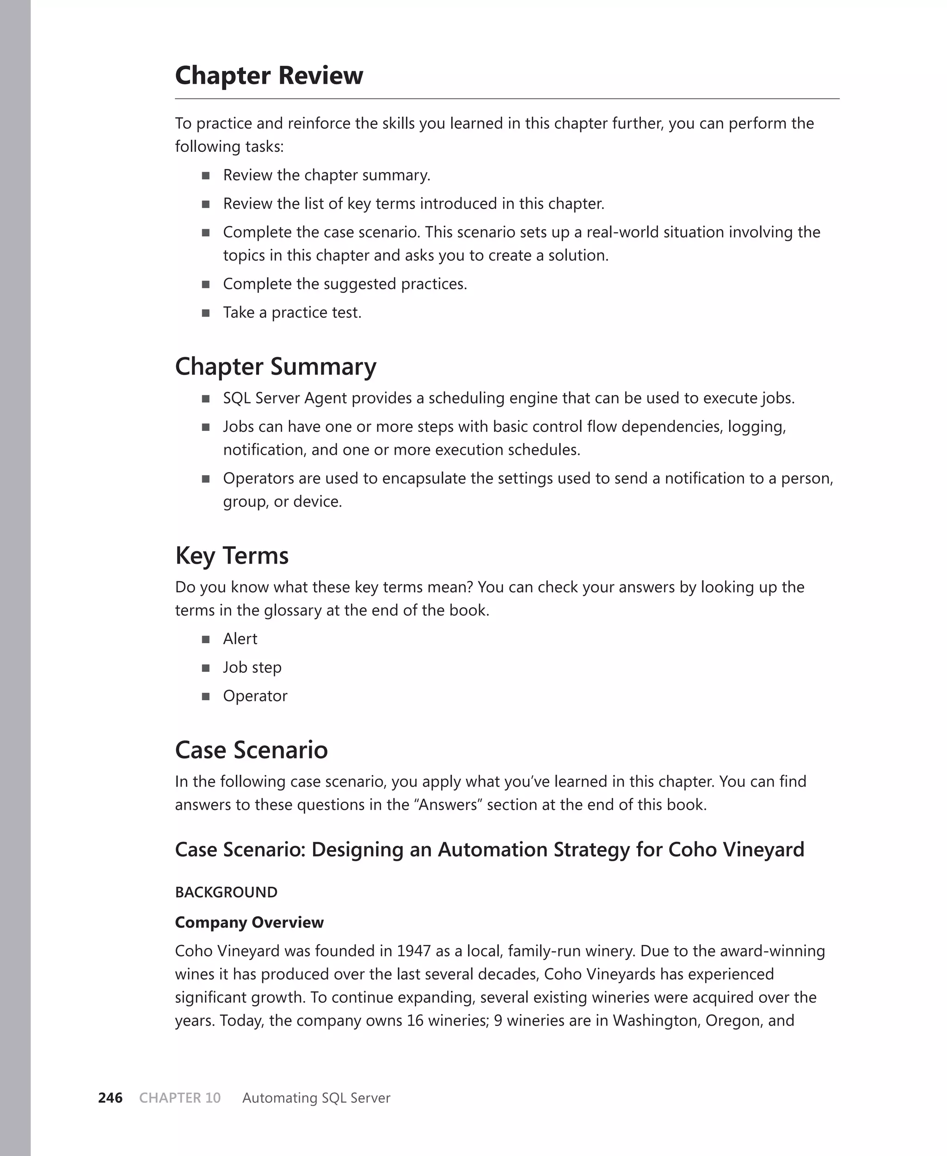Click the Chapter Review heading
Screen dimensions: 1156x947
click(269, 75)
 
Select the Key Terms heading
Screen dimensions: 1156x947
click(232, 556)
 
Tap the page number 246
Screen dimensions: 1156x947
click(110, 1098)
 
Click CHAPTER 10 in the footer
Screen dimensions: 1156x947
click(180, 1098)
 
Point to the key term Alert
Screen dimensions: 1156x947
click(240, 639)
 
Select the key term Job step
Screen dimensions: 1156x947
click(252, 667)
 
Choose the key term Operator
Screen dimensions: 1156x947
click(255, 696)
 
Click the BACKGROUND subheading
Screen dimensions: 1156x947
click(226, 892)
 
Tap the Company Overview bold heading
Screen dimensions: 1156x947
click(249, 922)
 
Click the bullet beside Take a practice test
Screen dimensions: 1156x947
click(206, 313)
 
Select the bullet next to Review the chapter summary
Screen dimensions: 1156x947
click(206, 176)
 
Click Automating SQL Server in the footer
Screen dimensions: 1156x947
click(316, 1098)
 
